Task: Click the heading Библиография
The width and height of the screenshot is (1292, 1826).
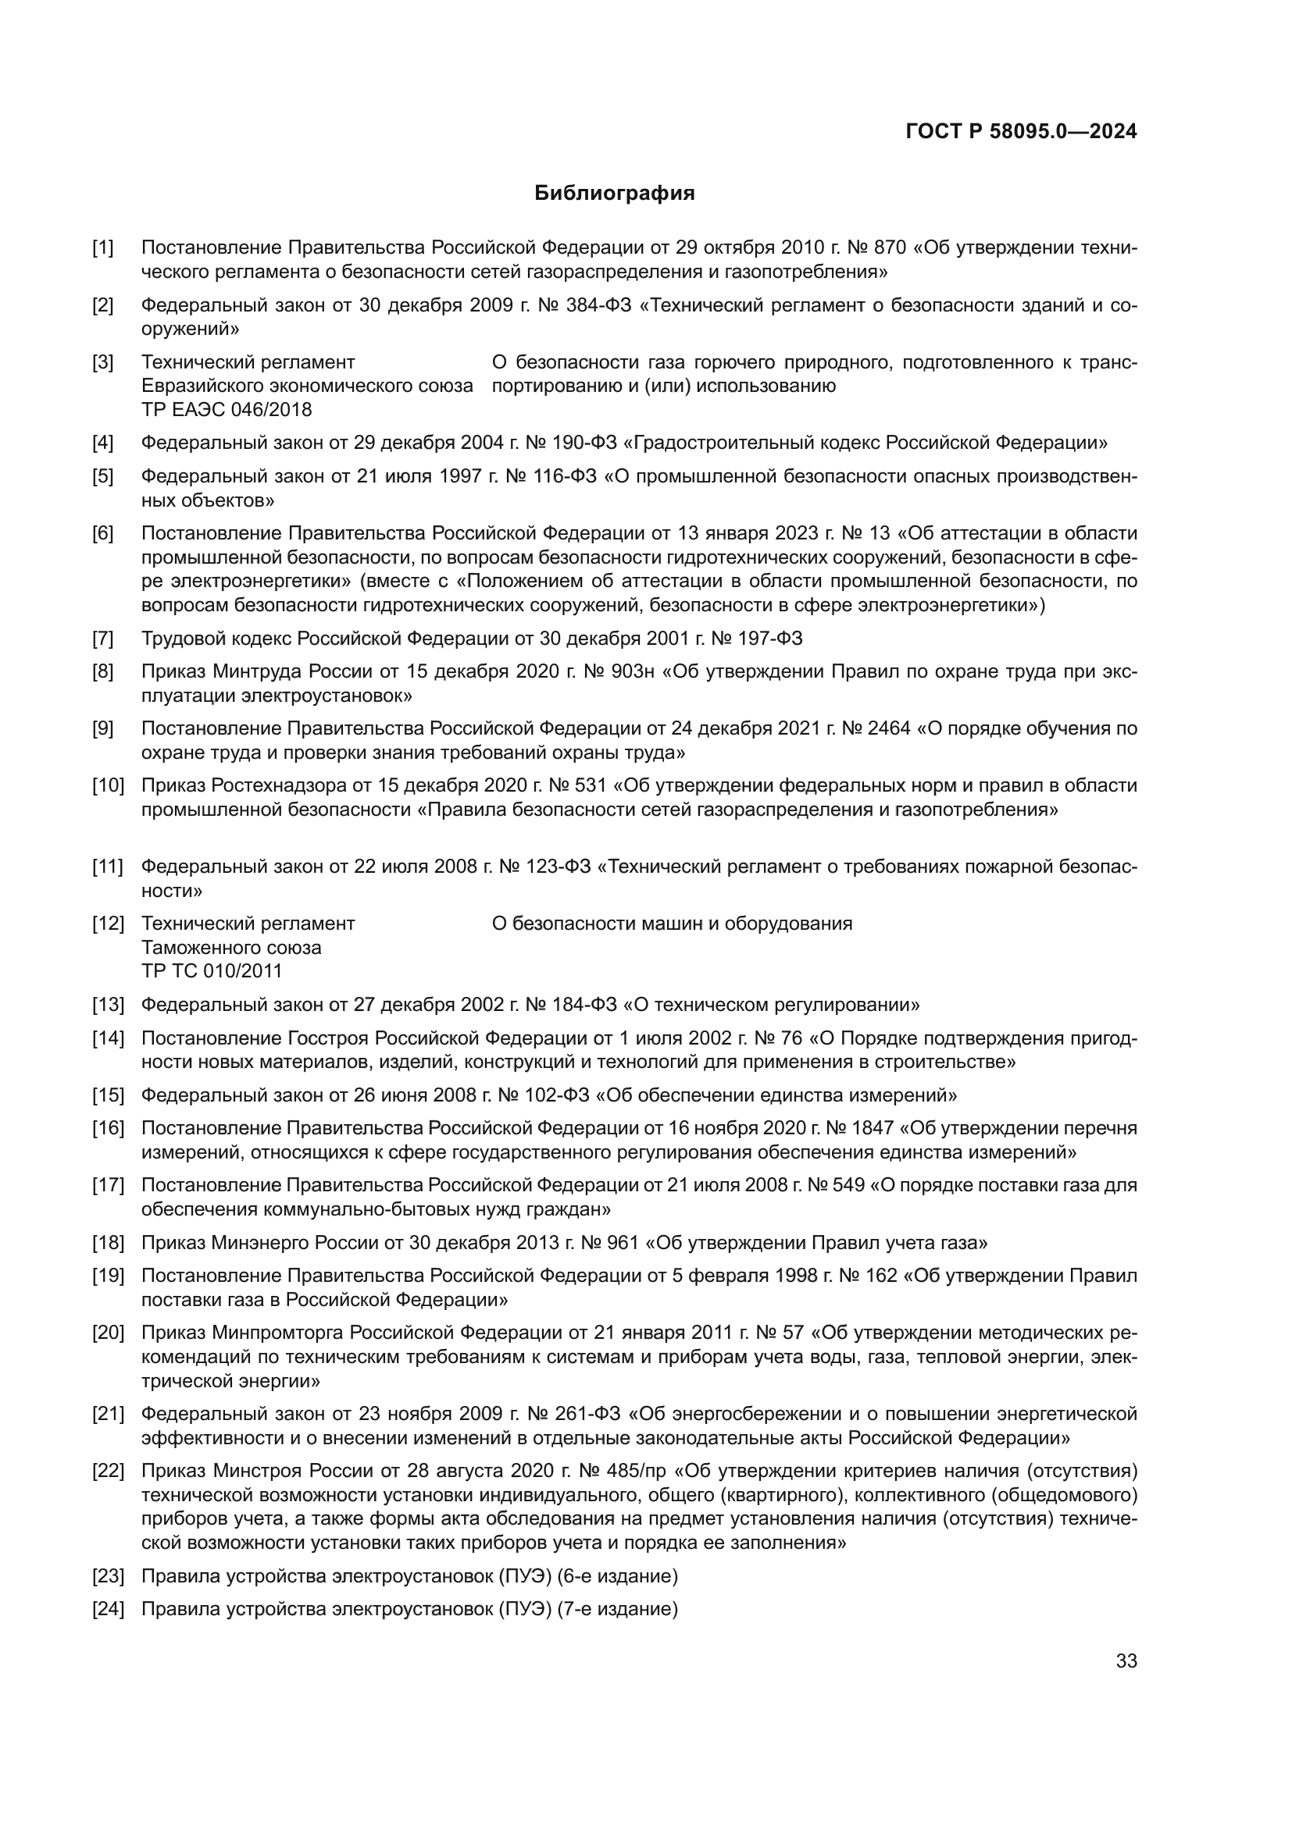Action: pos(614,194)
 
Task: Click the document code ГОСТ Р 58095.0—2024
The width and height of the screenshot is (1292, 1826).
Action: pos(1021,132)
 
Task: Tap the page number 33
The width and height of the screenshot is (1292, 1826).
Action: pos(1126,1660)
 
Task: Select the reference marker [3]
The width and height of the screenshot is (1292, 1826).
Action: pos(102,363)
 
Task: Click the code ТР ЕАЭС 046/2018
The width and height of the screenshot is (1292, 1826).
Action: pos(226,410)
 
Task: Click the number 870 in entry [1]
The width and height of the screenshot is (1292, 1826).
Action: pos(890,248)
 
